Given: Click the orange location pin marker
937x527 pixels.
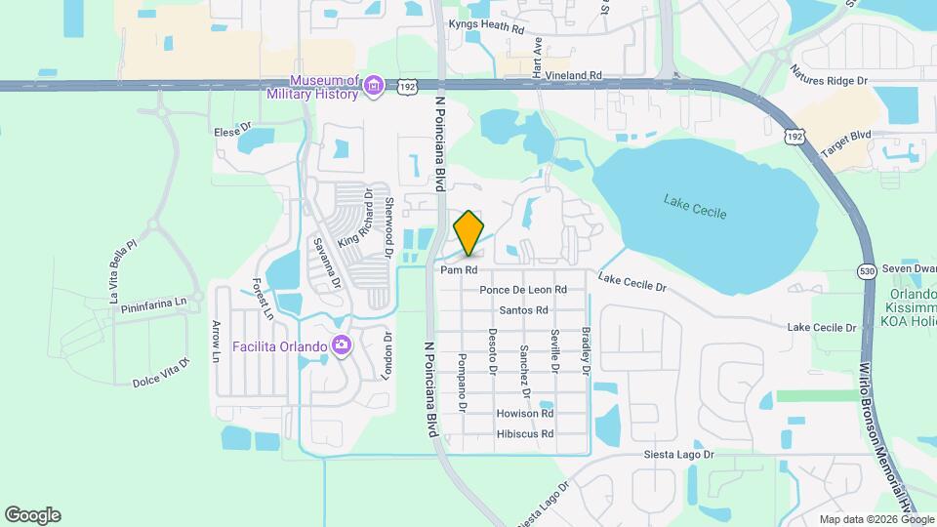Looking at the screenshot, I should point(469,232).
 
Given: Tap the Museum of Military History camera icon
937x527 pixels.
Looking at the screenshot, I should point(373,88).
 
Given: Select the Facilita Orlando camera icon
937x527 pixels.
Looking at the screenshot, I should point(341,345).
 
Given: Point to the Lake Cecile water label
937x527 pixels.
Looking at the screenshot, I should point(695,206).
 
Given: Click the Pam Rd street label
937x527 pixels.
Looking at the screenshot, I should point(458,269).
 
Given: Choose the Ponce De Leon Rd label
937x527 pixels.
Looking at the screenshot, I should point(523,290).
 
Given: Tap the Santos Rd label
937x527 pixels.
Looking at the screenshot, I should point(523,310).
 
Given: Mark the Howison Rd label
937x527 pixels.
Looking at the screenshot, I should point(525,414).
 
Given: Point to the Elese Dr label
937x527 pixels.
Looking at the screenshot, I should point(232,129).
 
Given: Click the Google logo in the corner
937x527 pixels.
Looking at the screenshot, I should point(32,515).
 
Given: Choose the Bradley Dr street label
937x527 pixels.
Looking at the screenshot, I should point(586,352).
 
